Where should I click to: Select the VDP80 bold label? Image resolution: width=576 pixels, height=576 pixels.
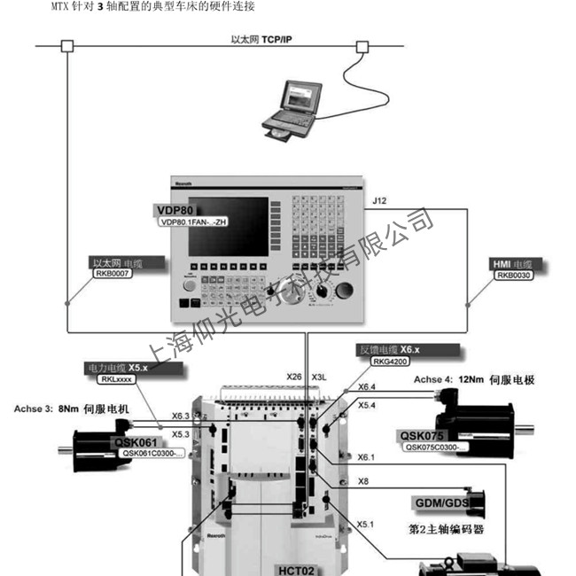click(174, 210)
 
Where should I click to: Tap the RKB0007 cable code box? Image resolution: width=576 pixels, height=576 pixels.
click(112, 275)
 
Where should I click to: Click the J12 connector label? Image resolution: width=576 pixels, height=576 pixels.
click(379, 202)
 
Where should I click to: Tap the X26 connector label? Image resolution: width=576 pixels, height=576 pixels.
click(294, 377)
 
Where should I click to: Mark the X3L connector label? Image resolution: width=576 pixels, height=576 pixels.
click(320, 377)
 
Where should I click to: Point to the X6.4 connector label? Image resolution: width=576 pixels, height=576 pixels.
click(366, 387)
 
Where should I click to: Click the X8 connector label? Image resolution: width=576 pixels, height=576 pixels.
click(362, 481)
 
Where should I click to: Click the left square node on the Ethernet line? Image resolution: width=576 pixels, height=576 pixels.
click(66, 46)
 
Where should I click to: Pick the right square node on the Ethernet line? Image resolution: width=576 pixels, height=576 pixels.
click(362, 46)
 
